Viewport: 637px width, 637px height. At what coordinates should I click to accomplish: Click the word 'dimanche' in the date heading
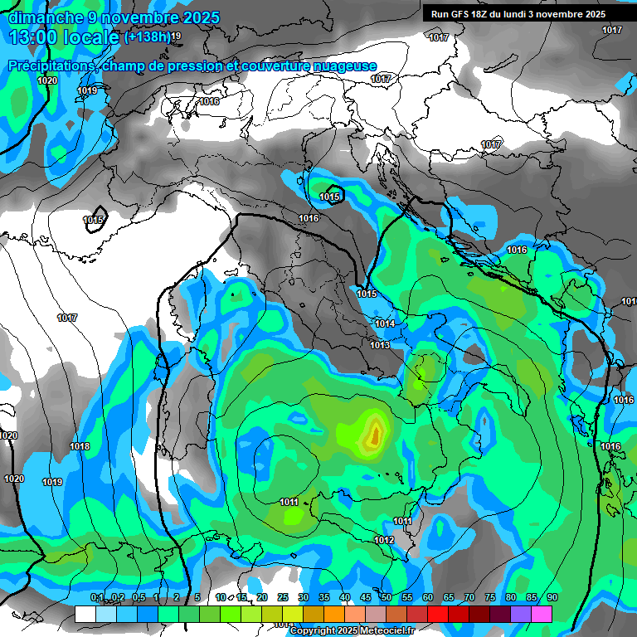(42, 17)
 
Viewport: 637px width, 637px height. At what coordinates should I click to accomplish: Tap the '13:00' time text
(35, 37)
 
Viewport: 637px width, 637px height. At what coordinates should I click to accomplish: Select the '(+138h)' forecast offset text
(147, 36)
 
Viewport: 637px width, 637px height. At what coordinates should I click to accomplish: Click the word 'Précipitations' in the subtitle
(51, 66)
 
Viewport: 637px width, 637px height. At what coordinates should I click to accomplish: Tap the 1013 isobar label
(380, 345)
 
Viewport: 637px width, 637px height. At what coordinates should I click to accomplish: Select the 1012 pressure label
(383, 540)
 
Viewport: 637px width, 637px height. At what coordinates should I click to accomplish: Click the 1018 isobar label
(80, 446)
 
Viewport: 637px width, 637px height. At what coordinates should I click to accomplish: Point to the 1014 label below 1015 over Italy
(384, 323)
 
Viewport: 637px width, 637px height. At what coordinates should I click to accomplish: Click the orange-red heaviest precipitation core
(375, 432)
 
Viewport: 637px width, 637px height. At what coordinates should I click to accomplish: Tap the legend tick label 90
(552, 598)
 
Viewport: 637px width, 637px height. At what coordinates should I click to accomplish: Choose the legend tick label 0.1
(96, 598)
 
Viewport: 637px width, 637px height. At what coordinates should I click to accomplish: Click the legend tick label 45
(366, 598)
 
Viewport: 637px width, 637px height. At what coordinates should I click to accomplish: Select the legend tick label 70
(469, 598)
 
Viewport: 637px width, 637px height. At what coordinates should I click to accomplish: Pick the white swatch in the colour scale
(85, 614)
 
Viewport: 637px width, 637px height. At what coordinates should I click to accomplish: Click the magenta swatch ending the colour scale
(542, 614)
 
